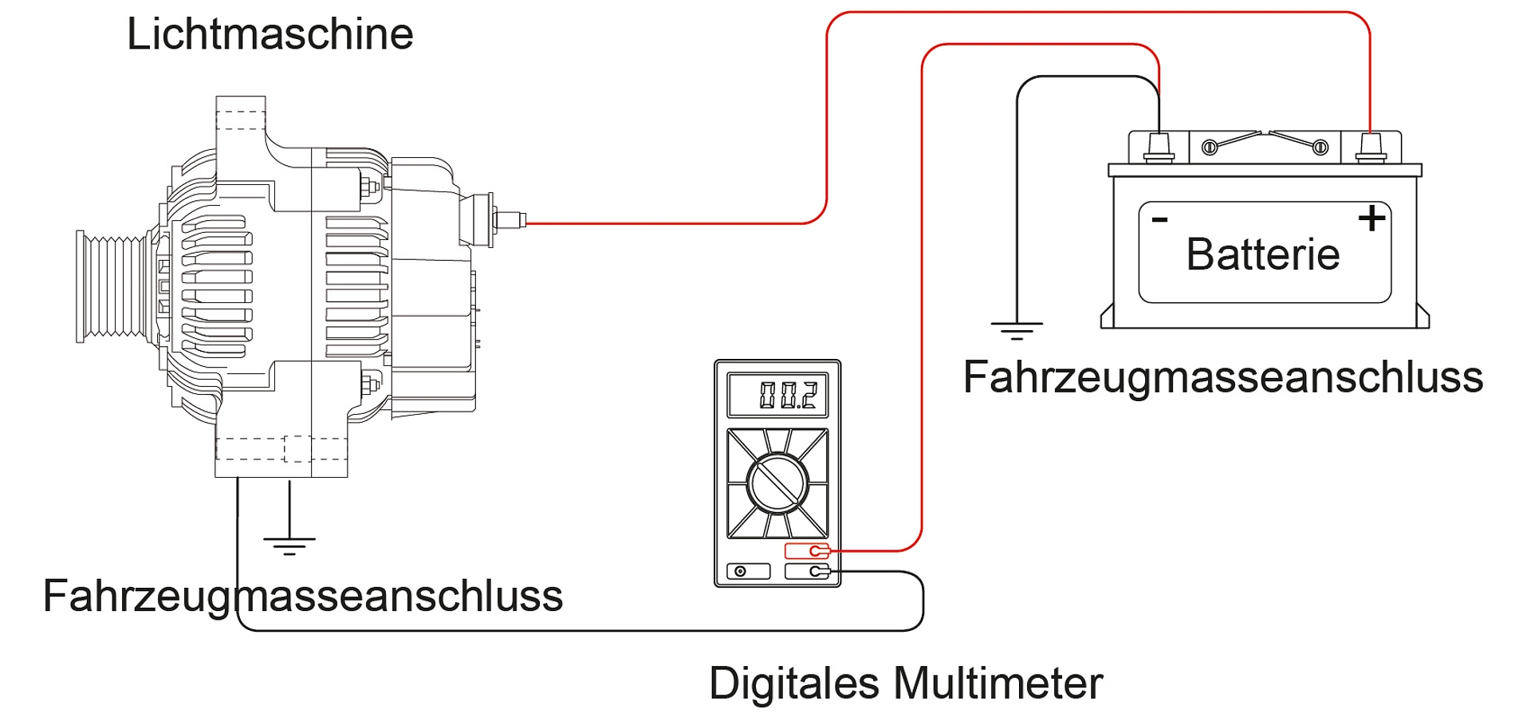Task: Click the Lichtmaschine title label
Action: (270, 34)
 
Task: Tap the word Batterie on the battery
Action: (1263, 254)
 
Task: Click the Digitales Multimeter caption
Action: (905, 684)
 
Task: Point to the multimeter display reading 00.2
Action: (778, 395)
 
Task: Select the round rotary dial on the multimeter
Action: (777, 483)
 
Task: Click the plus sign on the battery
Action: (1372, 218)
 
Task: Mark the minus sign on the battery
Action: (1160, 219)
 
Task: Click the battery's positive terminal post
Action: (1370, 146)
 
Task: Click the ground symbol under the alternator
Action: (289, 545)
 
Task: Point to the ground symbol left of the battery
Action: (1017, 329)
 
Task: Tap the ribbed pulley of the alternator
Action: (112, 286)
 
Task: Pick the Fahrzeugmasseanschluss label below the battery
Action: (1222, 377)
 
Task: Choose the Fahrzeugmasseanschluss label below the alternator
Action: (302, 597)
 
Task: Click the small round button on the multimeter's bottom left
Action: (741, 571)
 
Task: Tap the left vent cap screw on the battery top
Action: (1210, 147)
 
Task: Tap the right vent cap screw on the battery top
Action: (1320, 147)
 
